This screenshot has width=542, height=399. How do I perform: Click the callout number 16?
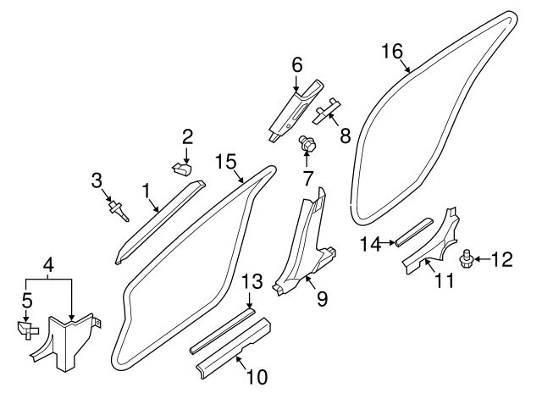(x=391, y=51)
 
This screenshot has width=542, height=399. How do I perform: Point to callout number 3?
(x=97, y=180)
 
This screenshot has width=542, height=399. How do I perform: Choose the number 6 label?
(x=296, y=64)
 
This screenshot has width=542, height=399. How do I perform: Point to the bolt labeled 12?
(x=465, y=255)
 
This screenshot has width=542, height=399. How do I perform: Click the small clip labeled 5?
(x=26, y=328)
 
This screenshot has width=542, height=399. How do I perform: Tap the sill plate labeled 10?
(x=233, y=346)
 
